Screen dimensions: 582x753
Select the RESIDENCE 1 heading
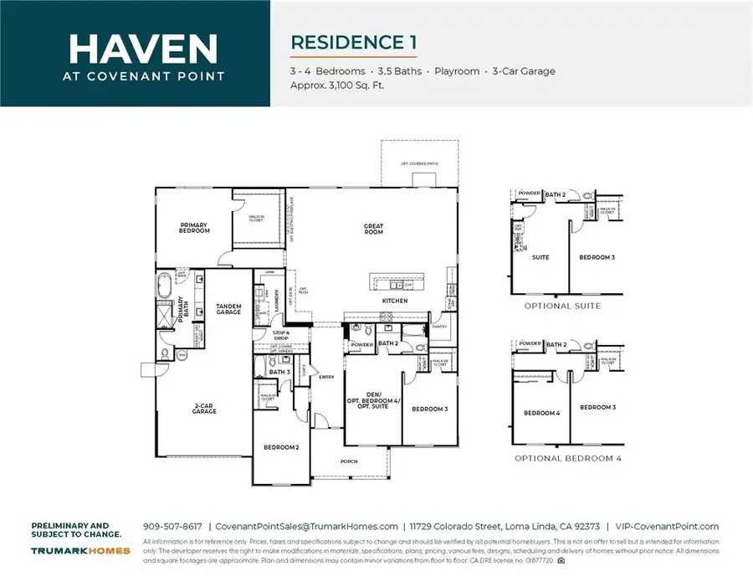353,42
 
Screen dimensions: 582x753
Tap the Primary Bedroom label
195,227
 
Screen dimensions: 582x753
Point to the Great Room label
373,229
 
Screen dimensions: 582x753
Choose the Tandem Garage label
228,309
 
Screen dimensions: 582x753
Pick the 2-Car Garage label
204,409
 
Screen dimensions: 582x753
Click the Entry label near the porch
326,377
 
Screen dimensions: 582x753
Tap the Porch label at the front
349,461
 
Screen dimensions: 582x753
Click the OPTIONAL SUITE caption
562,306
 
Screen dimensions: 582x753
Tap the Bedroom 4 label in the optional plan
540,413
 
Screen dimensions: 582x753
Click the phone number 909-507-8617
172,527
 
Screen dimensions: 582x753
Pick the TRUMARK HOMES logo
80,550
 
